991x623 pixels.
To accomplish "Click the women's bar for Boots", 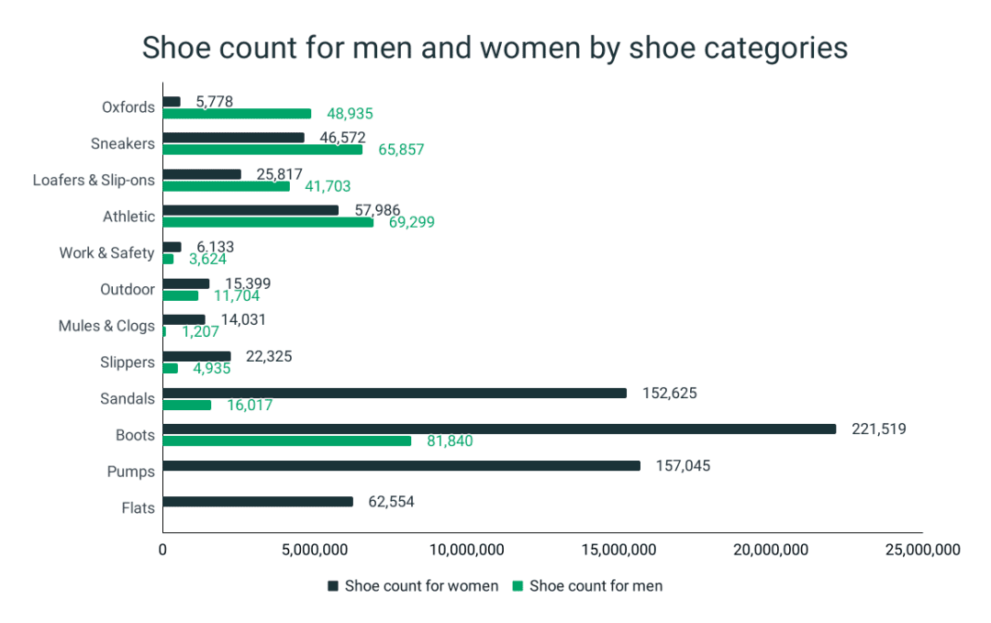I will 499,428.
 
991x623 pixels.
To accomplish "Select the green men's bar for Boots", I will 287,441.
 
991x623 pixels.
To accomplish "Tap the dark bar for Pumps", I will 401,465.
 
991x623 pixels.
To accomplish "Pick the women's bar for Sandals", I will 395,393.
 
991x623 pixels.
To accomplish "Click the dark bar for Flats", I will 258,502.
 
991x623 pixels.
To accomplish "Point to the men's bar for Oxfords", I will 237,114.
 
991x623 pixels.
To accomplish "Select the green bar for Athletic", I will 268,222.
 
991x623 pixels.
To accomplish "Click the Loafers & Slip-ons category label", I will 94,180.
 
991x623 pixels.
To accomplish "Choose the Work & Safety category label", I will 106,252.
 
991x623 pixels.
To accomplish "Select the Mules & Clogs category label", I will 106,326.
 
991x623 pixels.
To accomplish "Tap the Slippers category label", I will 127,362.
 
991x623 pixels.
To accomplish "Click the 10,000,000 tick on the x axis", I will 467,551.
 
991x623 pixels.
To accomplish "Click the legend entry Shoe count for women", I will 420,585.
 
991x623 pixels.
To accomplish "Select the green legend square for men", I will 518,585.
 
